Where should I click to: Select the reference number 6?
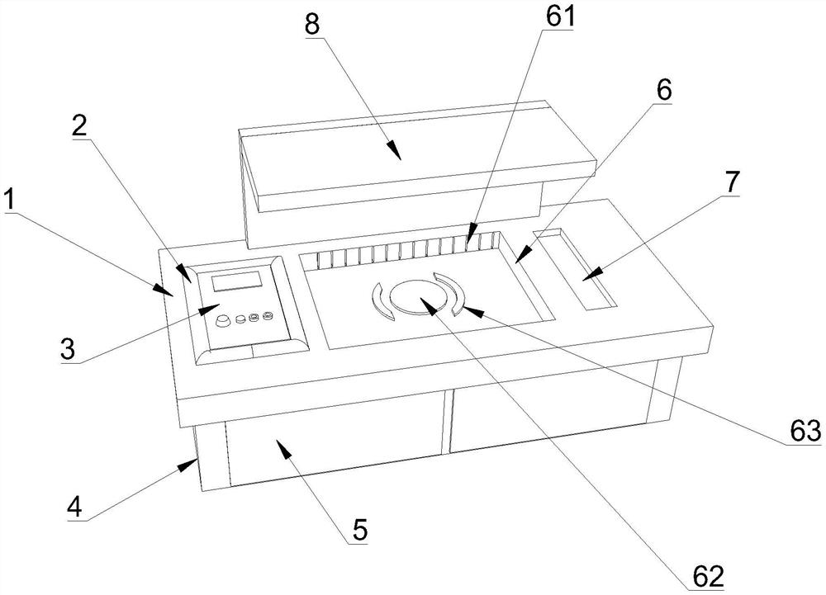pyautogui.click(x=664, y=92)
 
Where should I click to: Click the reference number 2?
pyautogui.click(x=80, y=125)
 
